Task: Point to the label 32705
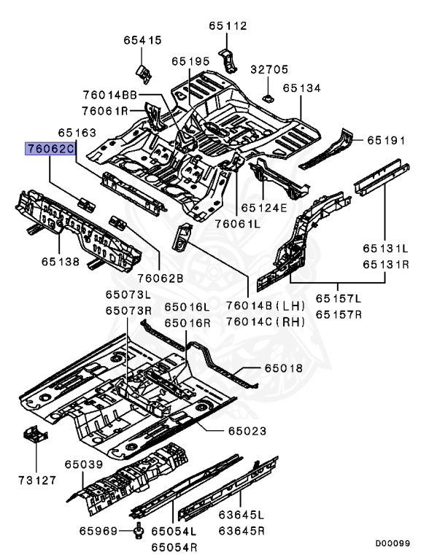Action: [268, 69]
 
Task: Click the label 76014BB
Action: [110, 95]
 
